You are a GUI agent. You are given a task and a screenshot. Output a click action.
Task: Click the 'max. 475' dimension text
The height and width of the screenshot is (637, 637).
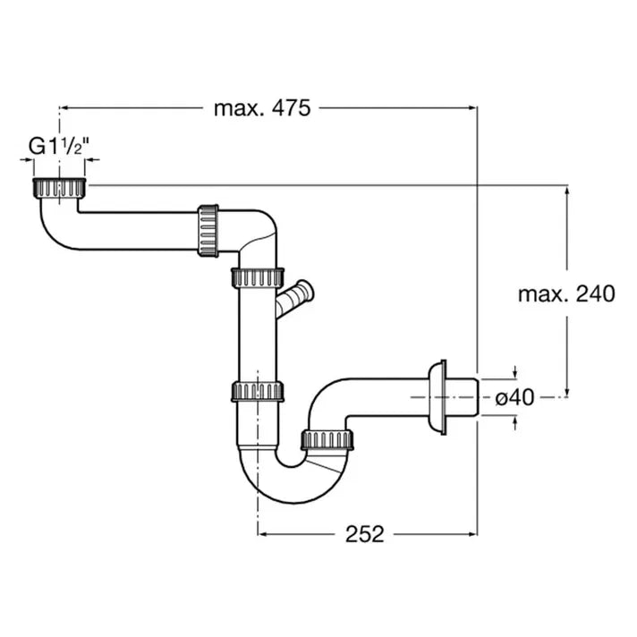(261, 108)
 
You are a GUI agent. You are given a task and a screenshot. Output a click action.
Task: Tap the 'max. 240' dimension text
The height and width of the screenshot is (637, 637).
(565, 293)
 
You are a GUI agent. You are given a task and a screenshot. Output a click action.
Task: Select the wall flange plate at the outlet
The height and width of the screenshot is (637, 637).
(438, 395)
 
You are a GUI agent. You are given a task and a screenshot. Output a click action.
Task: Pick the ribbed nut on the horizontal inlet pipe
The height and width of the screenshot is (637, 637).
(207, 231)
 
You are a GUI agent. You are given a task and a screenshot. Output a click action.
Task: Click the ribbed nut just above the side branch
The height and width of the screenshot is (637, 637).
(259, 276)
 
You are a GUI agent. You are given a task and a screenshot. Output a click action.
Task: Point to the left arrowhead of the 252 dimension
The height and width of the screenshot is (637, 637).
(262, 534)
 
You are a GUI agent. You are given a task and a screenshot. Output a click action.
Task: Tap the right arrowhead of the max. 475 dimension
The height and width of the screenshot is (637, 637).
(472, 107)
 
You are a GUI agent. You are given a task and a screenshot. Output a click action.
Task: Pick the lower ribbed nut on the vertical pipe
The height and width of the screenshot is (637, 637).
(258, 391)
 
